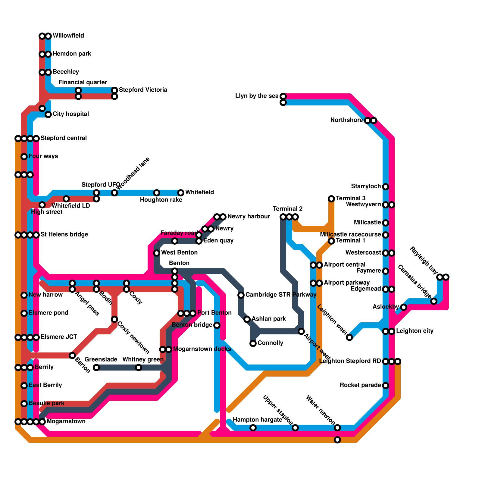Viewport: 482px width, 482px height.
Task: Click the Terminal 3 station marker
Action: (x=331, y=199)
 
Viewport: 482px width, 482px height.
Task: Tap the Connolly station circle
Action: (x=253, y=343)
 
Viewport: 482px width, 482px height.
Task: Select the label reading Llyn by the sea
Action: (x=257, y=96)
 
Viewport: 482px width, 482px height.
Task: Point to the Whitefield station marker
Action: (x=181, y=193)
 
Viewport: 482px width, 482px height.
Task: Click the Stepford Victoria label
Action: (x=143, y=90)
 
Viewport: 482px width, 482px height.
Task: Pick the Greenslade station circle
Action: (x=96, y=368)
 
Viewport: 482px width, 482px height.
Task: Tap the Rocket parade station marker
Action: (x=386, y=386)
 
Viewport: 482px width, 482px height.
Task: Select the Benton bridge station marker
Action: (x=217, y=325)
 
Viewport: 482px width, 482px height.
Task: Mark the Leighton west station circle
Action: (x=349, y=337)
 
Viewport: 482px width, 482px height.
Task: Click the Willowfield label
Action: (x=68, y=36)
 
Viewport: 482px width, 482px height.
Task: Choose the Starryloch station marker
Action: (x=386, y=187)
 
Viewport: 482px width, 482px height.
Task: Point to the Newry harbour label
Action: (x=249, y=217)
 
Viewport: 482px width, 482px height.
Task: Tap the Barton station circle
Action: (x=72, y=355)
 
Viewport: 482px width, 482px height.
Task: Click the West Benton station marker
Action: (x=157, y=253)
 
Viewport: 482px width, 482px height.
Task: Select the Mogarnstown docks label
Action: (x=202, y=349)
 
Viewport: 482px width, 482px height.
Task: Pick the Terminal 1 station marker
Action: (x=331, y=241)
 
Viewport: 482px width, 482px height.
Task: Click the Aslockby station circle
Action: (x=404, y=307)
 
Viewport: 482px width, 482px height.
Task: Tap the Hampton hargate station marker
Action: (x=253, y=428)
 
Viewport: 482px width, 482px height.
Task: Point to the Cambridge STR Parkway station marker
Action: (x=241, y=295)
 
